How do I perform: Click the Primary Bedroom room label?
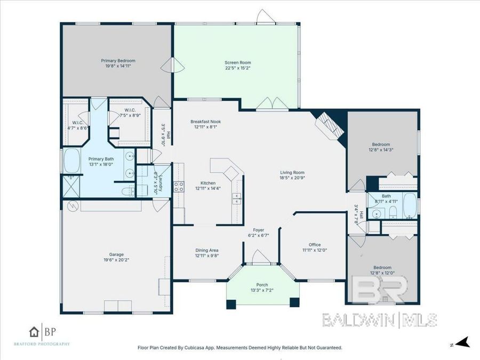coord(116,60)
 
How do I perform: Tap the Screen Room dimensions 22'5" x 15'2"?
coord(238,68)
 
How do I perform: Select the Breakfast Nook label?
coord(206,122)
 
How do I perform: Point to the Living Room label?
coord(292,172)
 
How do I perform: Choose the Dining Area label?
coord(206,250)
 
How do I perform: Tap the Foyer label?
coord(259,229)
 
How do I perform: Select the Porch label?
coord(262,285)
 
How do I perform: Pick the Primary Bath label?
coord(101,158)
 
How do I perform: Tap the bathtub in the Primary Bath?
coord(71,160)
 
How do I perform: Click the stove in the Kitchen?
coord(180,186)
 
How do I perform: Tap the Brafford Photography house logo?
coord(35,332)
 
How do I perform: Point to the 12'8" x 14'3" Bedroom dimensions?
coord(381,150)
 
